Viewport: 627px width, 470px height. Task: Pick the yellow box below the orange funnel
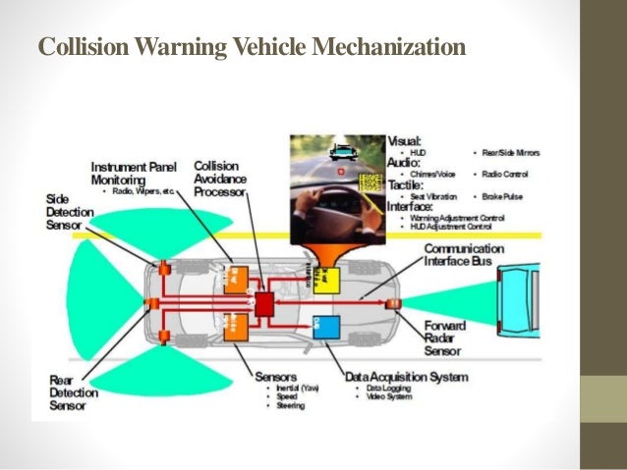click(x=325, y=281)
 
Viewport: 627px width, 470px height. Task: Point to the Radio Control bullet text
click(x=505, y=174)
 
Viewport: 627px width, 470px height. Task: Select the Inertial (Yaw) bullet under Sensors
click(x=294, y=390)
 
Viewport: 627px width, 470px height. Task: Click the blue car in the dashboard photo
click(x=342, y=153)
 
